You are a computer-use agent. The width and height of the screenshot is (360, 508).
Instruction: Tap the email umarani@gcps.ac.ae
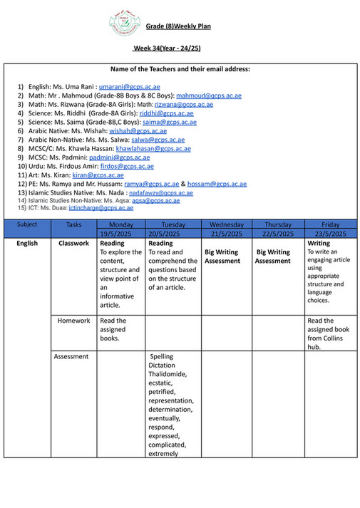pos(129,86)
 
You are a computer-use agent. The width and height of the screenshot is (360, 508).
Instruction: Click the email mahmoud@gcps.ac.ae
pos(209,95)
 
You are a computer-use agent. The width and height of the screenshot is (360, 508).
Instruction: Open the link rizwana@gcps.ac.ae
pos(183,105)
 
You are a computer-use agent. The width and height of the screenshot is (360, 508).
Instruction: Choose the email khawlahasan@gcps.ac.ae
pos(153,148)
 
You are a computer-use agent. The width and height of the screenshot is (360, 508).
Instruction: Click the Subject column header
pos(26,224)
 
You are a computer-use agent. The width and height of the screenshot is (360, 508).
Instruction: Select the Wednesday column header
pos(226,224)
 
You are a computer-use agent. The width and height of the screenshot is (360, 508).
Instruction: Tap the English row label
pos(26,243)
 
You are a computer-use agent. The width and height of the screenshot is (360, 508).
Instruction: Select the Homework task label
pos(73,321)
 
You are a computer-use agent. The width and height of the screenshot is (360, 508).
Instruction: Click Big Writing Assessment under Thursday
pos(273,256)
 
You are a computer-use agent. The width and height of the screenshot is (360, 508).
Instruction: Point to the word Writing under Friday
pos(319,243)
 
